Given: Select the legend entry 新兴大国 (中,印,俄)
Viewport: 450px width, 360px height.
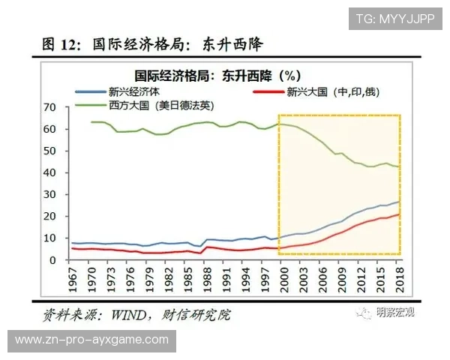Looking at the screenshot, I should pos(320,91).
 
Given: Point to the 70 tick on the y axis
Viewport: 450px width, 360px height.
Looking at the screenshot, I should pos(49,107).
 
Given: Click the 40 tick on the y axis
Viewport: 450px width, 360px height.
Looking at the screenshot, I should pos(49,172).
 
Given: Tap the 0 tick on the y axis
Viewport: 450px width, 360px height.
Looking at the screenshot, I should pos(52,260).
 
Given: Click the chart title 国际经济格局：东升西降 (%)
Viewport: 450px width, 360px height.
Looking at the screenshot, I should pos(217,75).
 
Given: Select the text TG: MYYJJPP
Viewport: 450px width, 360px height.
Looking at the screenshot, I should pos(394,18).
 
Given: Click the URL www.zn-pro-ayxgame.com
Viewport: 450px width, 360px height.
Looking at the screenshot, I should pos(91,340).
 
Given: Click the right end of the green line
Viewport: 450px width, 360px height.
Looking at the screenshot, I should pos(399,166).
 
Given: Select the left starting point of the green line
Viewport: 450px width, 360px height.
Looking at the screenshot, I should pos(91,121).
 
